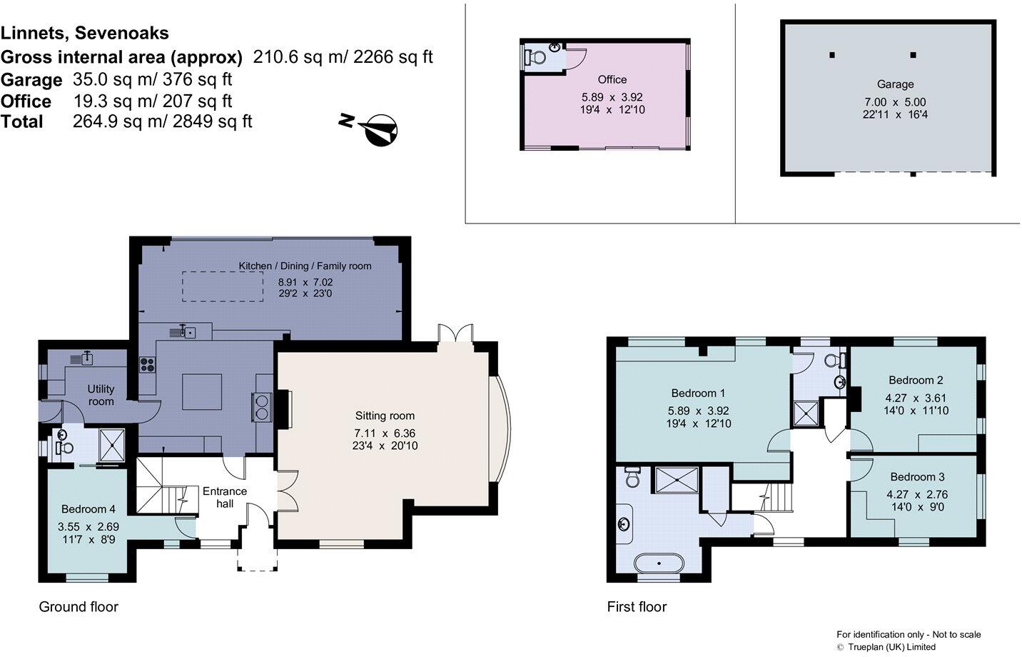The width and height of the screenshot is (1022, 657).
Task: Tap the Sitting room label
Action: click(385, 416)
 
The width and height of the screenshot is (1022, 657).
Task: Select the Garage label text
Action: click(895, 84)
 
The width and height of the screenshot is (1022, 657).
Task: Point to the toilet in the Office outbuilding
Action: click(535, 58)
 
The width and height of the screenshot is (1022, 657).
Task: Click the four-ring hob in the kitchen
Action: click(147, 364)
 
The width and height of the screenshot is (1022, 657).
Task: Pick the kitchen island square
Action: click(202, 392)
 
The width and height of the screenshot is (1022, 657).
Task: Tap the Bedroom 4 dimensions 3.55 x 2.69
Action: click(88, 526)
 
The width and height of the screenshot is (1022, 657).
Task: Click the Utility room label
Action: click(101, 395)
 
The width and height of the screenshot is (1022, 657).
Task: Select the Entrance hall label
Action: click(225, 497)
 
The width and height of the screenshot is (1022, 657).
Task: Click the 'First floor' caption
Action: click(637, 607)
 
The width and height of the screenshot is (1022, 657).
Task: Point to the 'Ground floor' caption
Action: click(79, 607)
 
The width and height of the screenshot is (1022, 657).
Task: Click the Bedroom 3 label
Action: click(917, 476)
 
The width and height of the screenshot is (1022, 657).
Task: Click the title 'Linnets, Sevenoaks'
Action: click(85, 33)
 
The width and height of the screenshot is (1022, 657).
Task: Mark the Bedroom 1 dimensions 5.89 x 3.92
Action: click(699, 411)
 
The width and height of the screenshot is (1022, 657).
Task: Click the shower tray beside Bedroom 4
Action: click(112, 445)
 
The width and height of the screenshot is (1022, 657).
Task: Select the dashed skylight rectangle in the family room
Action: click(223, 286)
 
